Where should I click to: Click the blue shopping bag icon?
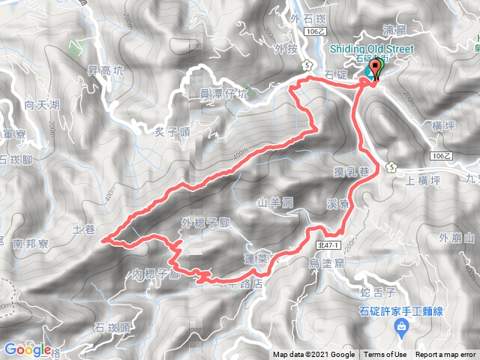tap(403, 326)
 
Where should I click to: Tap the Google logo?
tap(28, 349)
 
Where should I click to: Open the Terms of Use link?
tap(385, 355)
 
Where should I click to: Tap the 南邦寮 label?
tap(30, 243)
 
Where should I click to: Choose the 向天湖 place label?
tap(41, 106)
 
